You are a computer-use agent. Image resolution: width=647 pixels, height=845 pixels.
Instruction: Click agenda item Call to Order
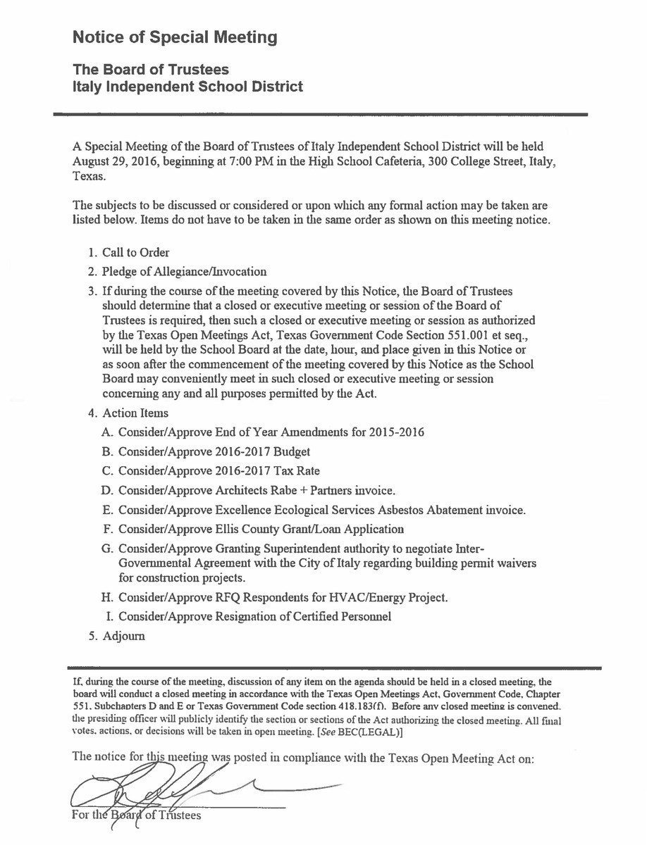pyautogui.click(x=136, y=252)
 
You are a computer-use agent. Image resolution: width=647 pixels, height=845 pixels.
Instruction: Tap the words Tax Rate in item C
pyautogui.click(x=304, y=470)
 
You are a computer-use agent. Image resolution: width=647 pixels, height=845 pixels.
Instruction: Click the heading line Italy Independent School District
pyautogui.click(x=187, y=87)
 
